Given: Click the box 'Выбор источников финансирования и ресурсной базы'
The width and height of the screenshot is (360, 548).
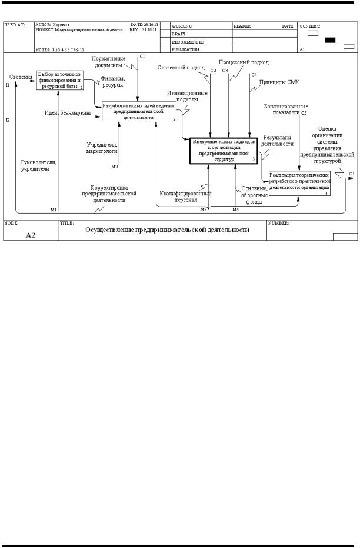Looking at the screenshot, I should click(59, 80).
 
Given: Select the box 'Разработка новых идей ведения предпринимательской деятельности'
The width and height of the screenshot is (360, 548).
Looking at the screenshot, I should click(139, 111).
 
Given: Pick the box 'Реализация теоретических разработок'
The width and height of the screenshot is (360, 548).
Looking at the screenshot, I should click(300, 183).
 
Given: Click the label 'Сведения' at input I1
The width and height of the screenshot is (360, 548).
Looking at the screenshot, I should click(21, 76).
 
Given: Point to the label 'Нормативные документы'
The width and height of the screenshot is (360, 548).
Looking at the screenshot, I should click(109, 62).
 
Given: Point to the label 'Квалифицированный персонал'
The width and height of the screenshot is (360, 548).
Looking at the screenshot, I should click(186, 196).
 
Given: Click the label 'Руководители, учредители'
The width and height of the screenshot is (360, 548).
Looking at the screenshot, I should click(39, 165).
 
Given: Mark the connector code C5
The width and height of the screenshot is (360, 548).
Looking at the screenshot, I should click(304, 112).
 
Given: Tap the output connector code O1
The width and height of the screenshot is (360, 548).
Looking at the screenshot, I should click(351, 174).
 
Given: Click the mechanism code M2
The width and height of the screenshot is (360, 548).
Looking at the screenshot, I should click(115, 166).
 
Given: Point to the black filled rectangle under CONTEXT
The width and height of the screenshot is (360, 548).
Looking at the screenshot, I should click(329, 40).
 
